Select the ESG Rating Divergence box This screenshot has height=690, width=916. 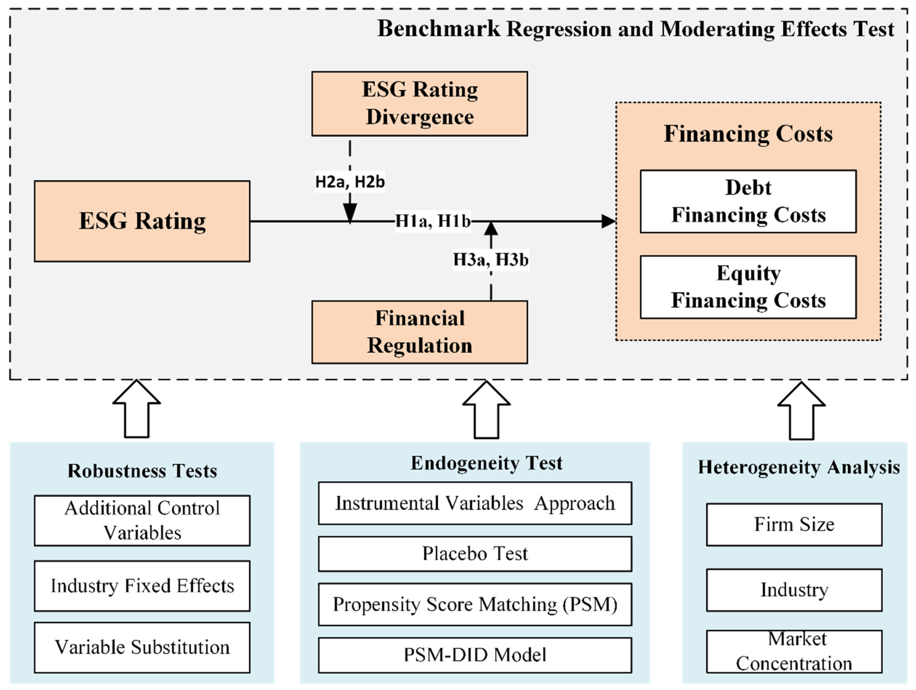click(419, 103)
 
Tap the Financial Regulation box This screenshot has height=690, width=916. click(419, 332)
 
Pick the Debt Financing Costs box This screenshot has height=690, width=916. click(748, 201)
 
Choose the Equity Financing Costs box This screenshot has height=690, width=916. click(748, 287)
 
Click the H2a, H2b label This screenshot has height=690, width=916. click(350, 182)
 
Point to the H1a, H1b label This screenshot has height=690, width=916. click(433, 221)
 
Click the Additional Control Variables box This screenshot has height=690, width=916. click(142, 520)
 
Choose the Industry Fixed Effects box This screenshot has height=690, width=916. click(142, 586)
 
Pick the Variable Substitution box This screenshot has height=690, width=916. click(142, 648)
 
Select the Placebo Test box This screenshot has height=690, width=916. click(475, 554)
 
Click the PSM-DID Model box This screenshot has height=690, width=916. click(475, 655)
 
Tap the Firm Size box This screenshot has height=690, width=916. click(794, 524)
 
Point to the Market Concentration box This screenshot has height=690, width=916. click(794, 652)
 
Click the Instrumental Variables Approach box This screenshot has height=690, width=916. click(475, 503)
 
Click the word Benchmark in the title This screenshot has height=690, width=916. click(439, 29)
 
